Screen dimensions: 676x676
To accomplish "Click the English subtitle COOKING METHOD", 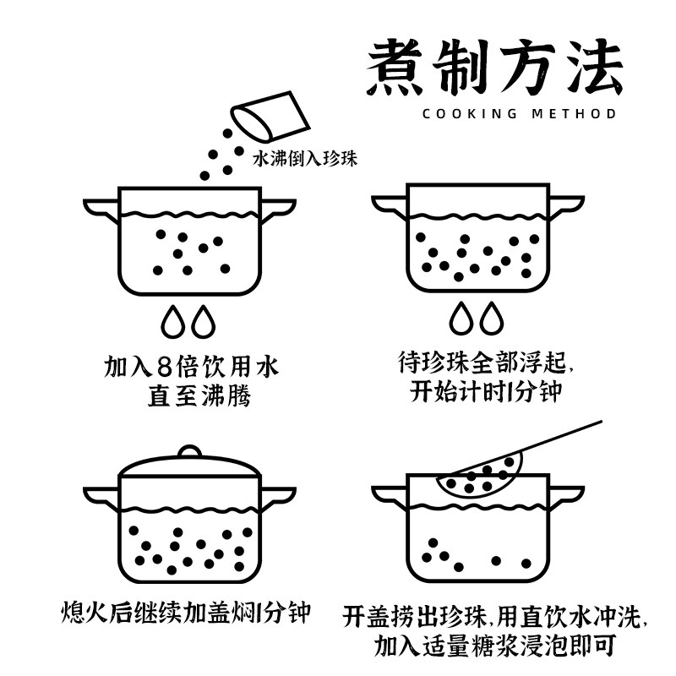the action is click(x=519, y=114).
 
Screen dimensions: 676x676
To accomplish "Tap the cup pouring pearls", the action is click(x=270, y=116).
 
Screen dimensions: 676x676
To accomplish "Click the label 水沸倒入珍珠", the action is click(x=305, y=158).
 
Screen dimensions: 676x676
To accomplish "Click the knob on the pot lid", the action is click(x=189, y=451).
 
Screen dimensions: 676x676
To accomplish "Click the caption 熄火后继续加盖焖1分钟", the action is click(x=185, y=613).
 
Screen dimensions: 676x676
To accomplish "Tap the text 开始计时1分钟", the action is click(x=485, y=391).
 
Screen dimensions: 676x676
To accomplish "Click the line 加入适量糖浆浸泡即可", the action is click(x=494, y=646).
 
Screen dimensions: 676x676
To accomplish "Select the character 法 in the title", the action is click(x=594, y=67).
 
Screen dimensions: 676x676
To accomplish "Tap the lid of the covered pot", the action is click(x=189, y=465).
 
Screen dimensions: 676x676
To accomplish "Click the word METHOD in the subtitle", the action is click(x=574, y=114).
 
